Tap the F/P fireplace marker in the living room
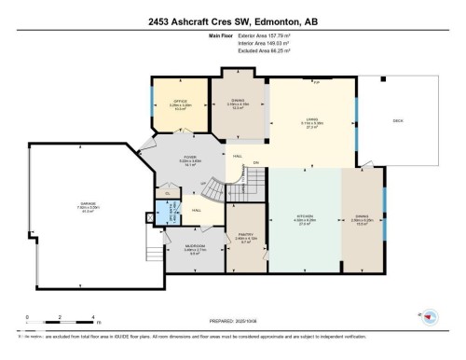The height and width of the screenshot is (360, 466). [x=316, y=82]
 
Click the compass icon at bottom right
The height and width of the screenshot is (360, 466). [x=430, y=317]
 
